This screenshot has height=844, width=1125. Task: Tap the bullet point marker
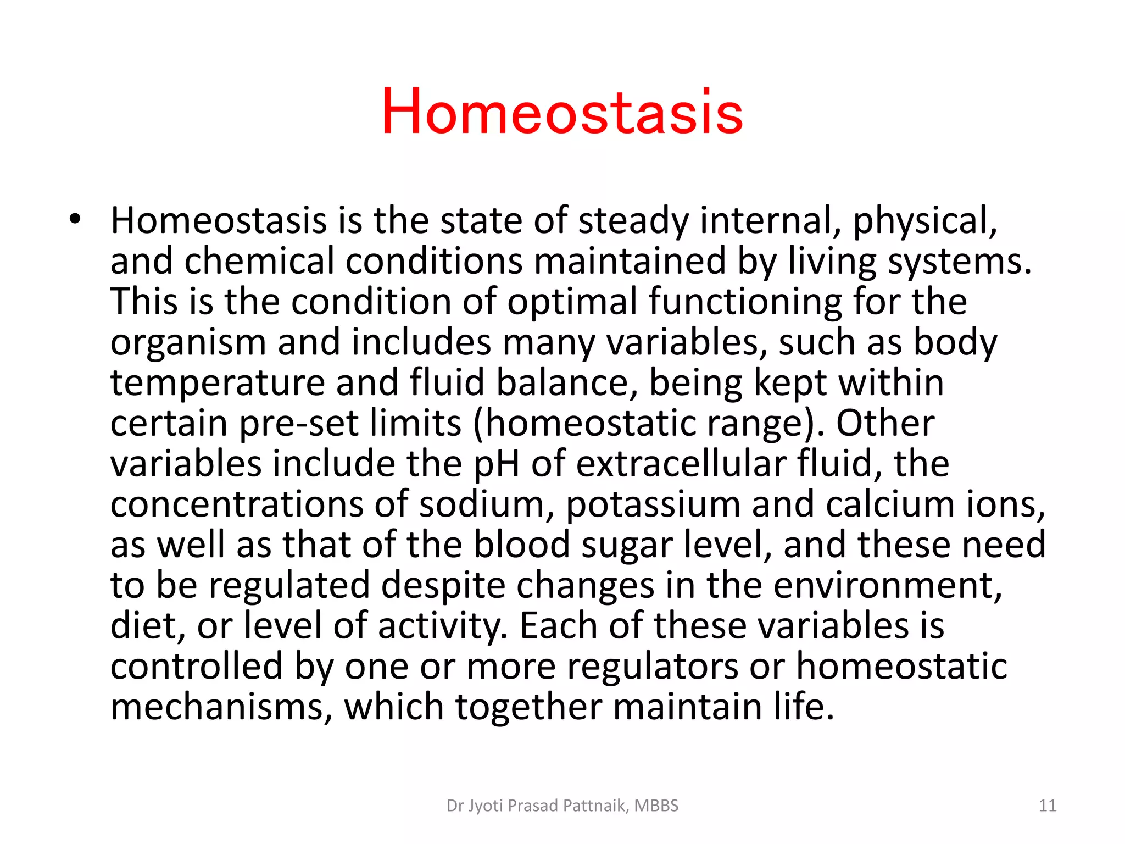click(x=75, y=219)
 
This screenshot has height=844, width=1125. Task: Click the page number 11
click(x=1048, y=806)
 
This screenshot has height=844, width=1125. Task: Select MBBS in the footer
click(x=656, y=806)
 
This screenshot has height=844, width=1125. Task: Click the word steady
click(x=633, y=221)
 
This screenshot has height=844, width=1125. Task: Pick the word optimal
click(x=572, y=302)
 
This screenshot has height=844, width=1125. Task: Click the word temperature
click(x=218, y=383)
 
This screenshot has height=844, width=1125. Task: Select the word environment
click(x=886, y=586)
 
